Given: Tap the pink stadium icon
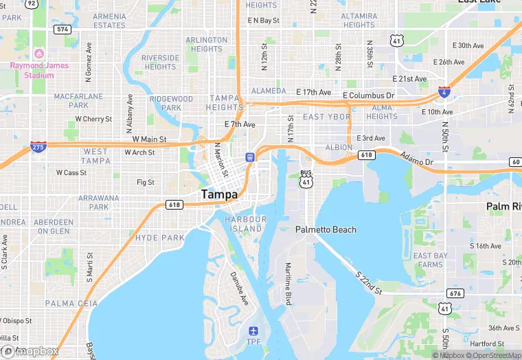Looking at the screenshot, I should [x=39, y=54].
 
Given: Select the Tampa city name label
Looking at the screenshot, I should [x=220, y=194].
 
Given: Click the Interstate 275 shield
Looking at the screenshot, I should [x=38, y=147].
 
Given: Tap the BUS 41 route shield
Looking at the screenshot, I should [x=306, y=179].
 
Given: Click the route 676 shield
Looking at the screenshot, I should [x=455, y=293].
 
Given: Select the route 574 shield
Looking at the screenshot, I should [x=63, y=29].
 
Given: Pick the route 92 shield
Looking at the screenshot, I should [x=32, y=3].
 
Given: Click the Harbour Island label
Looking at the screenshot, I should [x=245, y=223].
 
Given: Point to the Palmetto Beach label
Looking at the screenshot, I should [x=326, y=229].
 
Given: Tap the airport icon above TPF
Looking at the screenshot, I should [x=254, y=332].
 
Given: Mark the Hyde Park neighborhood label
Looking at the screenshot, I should [x=160, y=238].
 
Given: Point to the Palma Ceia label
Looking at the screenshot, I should [x=67, y=303].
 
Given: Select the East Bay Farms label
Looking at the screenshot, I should [x=431, y=260].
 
